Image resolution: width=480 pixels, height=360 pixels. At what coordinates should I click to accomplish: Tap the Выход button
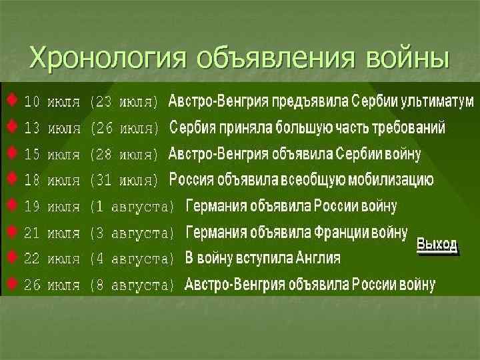437,245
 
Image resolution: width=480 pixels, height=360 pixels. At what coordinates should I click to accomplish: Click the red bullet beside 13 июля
12,125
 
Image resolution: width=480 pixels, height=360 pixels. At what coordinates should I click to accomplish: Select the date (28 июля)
125,155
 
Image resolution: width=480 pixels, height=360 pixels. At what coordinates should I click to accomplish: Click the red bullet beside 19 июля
12,205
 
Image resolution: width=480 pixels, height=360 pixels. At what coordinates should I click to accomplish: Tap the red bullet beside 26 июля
12,283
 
